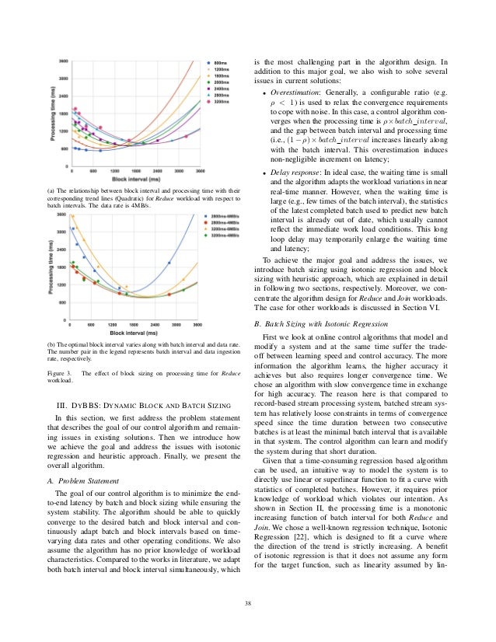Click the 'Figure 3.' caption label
point(58,374)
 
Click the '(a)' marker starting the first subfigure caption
point(51,189)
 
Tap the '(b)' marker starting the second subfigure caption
point(51,343)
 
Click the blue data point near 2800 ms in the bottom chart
point(169,263)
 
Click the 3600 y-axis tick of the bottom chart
point(62,215)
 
